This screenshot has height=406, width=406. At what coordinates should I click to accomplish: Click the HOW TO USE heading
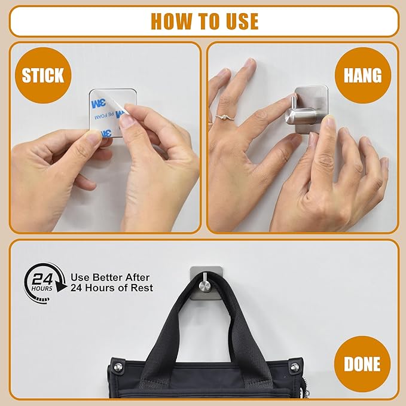click(204, 22)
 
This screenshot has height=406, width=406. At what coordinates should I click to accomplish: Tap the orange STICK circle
click(43, 75)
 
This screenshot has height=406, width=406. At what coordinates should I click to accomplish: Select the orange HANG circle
click(362, 75)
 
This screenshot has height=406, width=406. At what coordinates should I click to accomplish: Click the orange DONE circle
click(362, 364)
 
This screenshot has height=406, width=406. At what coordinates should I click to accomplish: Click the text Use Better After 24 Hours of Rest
click(112, 282)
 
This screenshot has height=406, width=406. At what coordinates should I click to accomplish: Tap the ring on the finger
click(225, 118)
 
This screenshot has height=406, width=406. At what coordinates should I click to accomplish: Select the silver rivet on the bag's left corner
click(118, 367)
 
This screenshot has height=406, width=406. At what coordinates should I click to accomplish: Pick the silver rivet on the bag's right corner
click(294, 367)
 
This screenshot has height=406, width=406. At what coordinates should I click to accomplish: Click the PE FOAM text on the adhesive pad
click(105, 116)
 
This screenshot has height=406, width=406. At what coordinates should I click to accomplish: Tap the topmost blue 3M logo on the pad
click(99, 103)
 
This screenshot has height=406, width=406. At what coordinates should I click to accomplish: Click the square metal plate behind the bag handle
click(206, 283)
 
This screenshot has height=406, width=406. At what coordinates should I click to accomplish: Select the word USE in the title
click(242, 22)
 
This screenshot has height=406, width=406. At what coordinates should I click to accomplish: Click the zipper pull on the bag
click(306, 389)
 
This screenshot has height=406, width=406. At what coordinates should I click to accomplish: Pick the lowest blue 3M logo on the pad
click(106, 133)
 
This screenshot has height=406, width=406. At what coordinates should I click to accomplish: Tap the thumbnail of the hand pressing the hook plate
click(329, 122)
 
